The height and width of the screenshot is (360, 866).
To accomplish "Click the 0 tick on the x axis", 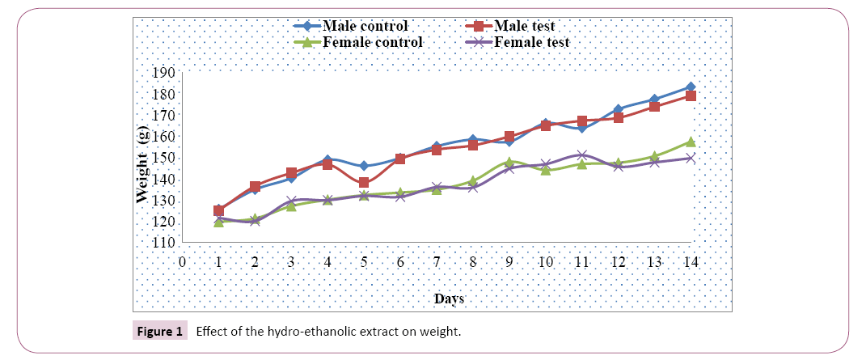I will click(183, 261).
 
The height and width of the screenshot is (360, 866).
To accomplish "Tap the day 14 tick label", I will click(691, 261).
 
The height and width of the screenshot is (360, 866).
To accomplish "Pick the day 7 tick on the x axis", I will click(437, 261).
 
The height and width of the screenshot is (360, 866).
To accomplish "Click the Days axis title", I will click(449, 299).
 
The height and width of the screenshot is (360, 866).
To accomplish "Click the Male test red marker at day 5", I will click(364, 183).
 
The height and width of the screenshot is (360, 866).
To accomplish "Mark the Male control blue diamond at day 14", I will click(691, 87).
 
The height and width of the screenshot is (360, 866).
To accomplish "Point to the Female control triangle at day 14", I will click(691, 142).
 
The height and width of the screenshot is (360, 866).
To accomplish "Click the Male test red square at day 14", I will click(691, 96).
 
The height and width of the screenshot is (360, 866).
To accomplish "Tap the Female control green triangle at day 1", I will click(218, 222).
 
